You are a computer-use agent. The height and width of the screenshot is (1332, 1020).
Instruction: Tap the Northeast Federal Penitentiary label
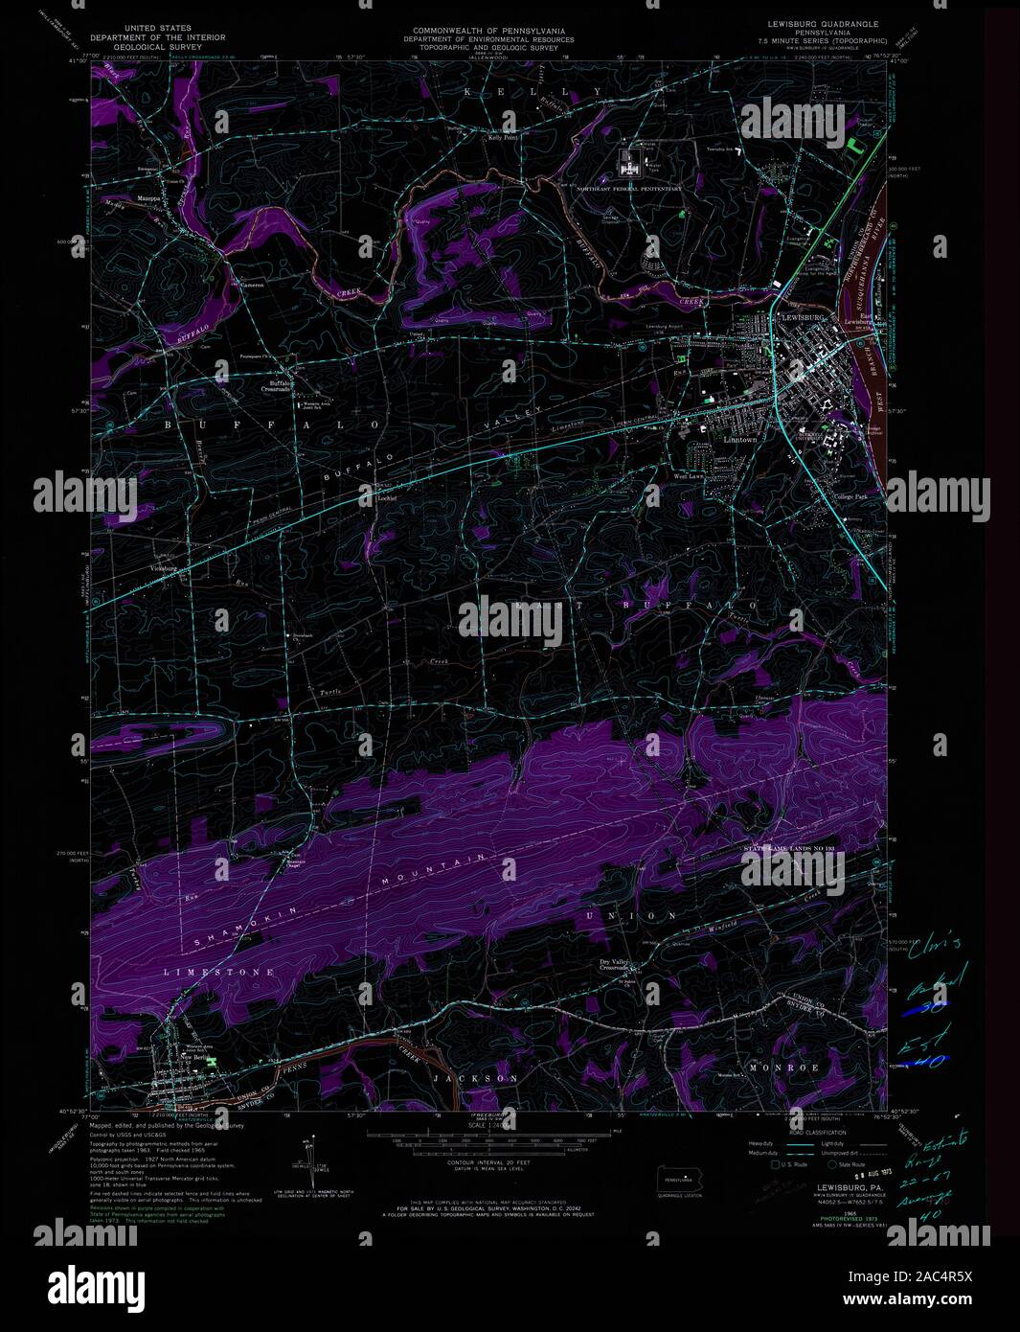click(x=629, y=189)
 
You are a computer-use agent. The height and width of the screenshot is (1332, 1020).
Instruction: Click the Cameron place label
click(x=251, y=285)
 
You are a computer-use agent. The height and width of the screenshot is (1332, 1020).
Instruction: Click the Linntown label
click(x=713, y=440)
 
